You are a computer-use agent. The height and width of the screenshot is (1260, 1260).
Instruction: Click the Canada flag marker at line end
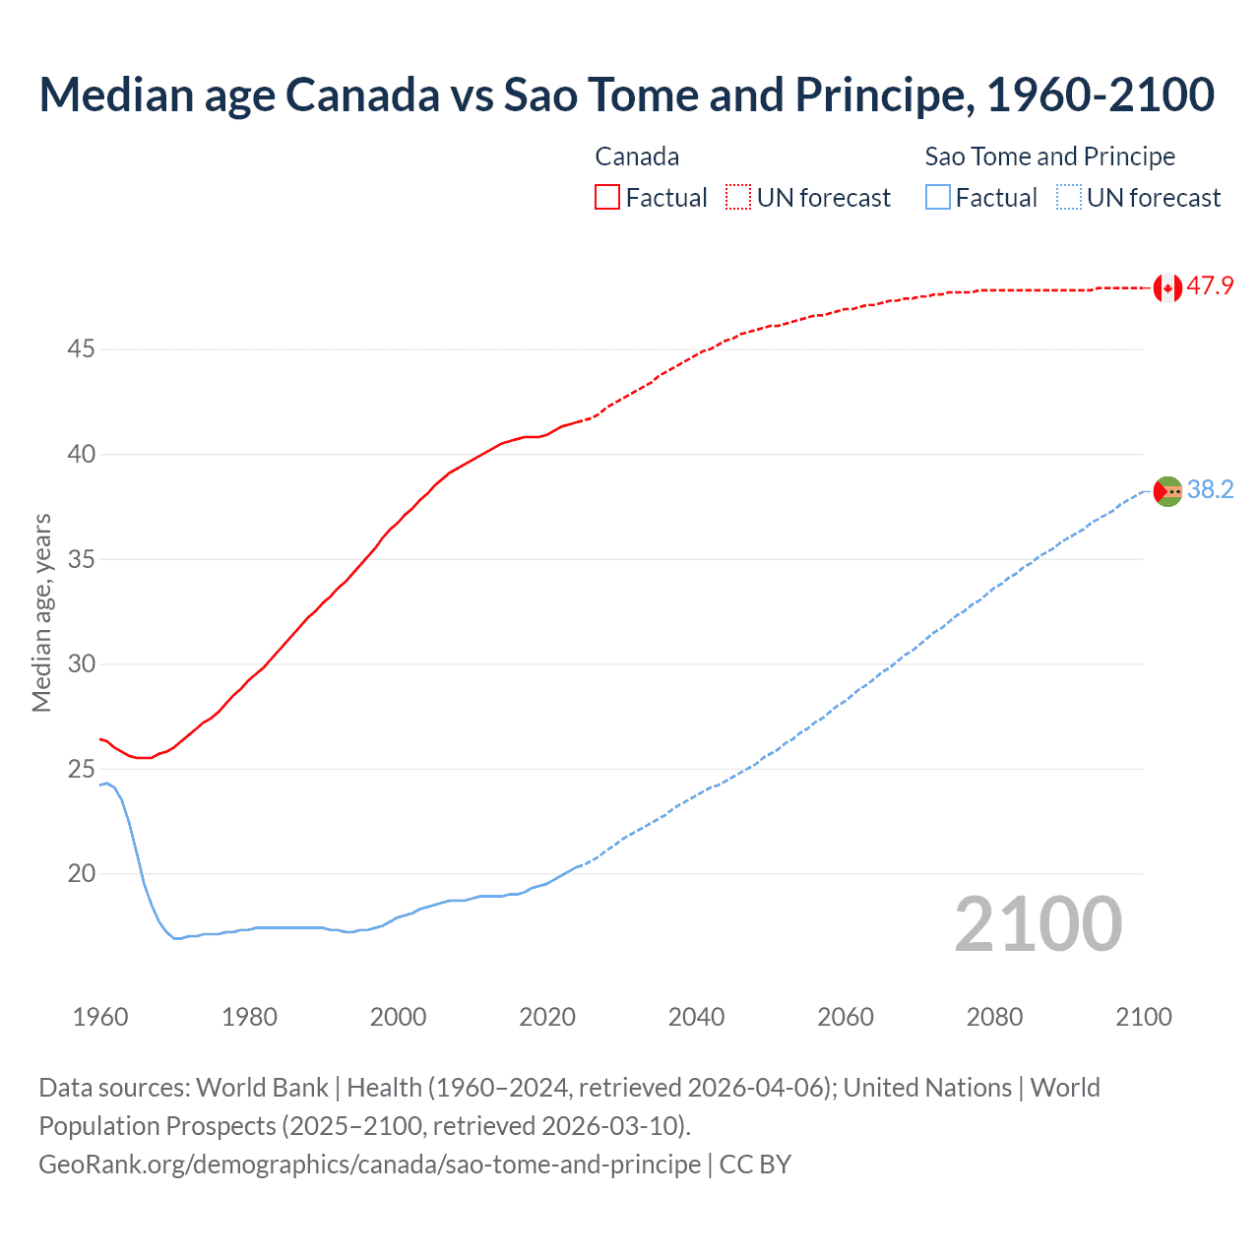[1167, 287]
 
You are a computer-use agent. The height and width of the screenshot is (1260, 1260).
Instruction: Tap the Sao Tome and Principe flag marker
[1167, 490]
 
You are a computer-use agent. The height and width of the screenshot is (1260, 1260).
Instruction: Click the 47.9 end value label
[1210, 286]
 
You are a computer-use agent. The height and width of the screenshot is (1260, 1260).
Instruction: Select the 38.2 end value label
[1210, 489]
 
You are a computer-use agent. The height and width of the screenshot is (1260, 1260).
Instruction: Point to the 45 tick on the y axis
[82, 349]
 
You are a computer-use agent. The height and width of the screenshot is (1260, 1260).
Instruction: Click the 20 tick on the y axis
[82, 874]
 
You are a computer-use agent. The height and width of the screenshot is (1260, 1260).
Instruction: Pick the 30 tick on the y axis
[82, 664]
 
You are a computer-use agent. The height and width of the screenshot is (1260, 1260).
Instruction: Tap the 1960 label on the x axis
[100, 1017]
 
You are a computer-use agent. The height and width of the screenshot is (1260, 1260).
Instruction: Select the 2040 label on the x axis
[696, 1017]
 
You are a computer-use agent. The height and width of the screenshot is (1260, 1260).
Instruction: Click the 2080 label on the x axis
[994, 1017]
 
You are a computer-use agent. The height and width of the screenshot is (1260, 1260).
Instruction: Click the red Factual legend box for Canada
[607, 198]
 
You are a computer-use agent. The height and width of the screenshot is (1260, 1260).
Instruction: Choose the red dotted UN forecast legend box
[738, 198]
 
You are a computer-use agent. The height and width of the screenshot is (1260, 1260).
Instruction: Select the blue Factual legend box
[938, 198]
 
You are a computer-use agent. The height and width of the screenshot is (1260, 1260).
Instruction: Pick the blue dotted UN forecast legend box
[1069, 198]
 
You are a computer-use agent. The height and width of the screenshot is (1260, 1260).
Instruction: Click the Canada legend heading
[637, 157]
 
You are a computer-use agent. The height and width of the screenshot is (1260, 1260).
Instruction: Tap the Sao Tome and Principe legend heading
[1049, 157]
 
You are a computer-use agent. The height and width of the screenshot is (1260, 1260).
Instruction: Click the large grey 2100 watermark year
[1039, 924]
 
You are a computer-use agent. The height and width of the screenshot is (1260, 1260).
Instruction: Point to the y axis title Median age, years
[41, 612]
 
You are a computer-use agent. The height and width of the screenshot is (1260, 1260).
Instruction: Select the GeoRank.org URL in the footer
[369, 1165]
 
